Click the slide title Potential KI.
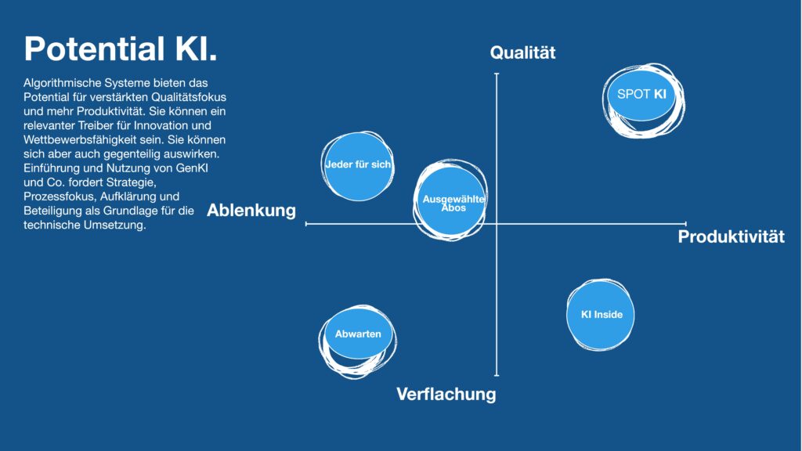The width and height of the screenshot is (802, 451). point(121,49)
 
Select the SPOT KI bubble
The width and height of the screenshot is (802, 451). point(643,100)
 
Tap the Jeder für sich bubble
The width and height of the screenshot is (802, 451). point(357,166)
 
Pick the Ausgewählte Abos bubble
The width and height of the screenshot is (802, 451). point(450,200)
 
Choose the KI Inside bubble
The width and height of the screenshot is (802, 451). point(601,315)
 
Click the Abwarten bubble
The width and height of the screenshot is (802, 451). point(357,341)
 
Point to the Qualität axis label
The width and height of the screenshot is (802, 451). point(522,52)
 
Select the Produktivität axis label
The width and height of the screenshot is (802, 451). point(731,236)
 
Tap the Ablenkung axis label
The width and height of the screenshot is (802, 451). point(251,210)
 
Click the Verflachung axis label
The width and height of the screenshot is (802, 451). point(446,394)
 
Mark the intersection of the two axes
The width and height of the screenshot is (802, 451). point(496,224)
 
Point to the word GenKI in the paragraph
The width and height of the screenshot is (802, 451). point(192,168)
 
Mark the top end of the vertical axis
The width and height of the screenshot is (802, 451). point(496,74)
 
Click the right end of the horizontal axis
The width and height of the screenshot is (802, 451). point(686,223)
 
